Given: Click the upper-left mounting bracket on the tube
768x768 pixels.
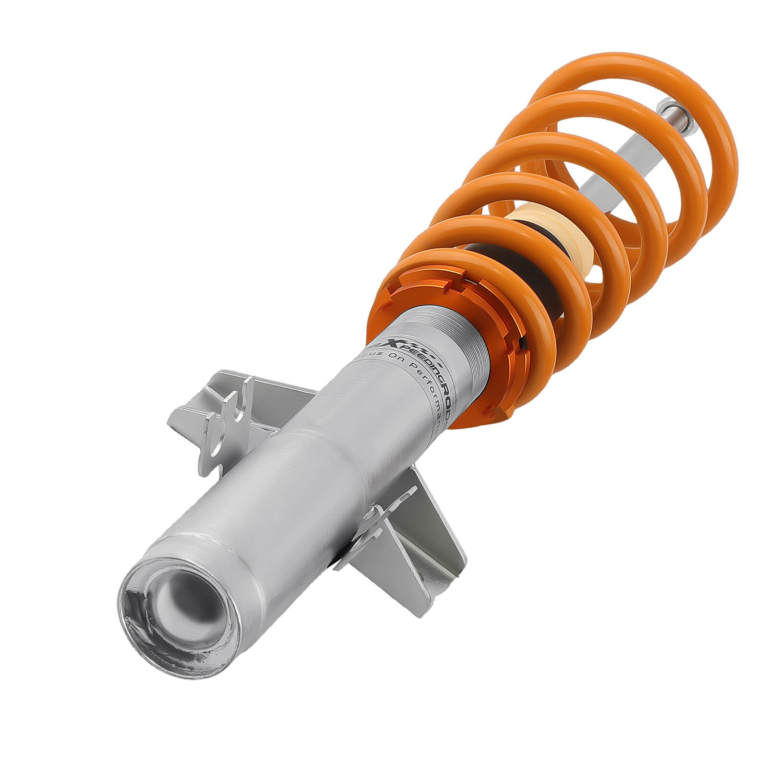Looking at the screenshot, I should [x=226, y=413].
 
